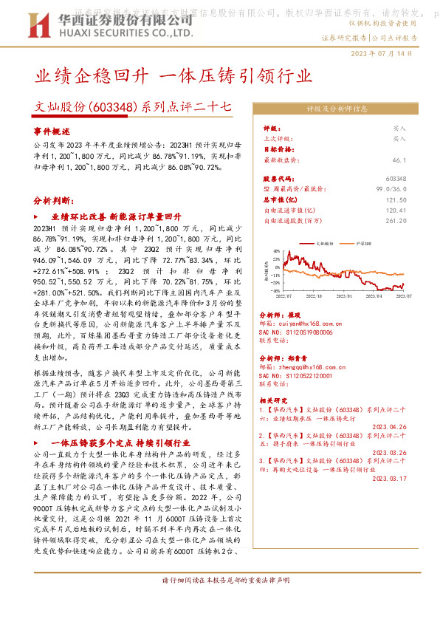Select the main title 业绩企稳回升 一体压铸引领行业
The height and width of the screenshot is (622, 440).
(x=174, y=76)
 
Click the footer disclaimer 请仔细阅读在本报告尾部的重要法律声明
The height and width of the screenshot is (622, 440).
(x=219, y=602)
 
